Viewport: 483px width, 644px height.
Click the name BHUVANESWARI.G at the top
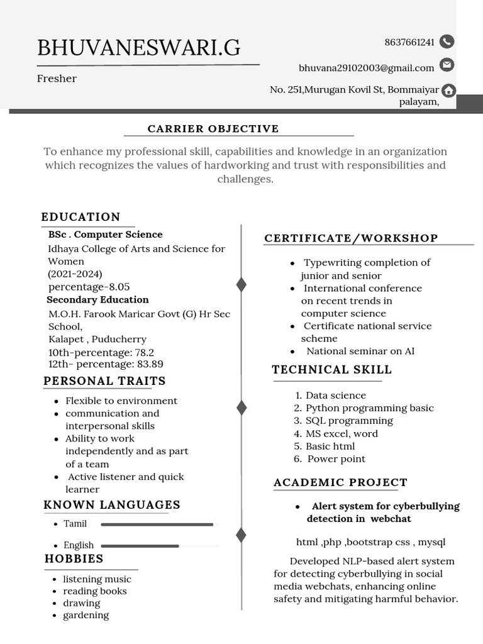pyautogui.click(x=138, y=48)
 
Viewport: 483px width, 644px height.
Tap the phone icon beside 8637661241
pyautogui.click(x=447, y=42)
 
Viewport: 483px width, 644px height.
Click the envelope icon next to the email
pyautogui.click(x=447, y=65)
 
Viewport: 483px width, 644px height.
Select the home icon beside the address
pyautogui.click(x=448, y=91)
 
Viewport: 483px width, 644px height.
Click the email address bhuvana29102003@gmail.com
pyautogui.click(x=366, y=68)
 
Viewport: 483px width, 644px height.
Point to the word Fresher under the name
pyautogui.click(x=57, y=79)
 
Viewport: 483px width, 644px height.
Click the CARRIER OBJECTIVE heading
pyautogui.click(x=213, y=129)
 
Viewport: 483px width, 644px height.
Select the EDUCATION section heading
pyautogui.click(x=80, y=217)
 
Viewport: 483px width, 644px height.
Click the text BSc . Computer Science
pyautogui.click(x=105, y=235)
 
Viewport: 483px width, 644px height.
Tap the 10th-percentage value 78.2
pyautogui.click(x=144, y=352)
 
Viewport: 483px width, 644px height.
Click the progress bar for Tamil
pyautogui.click(x=157, y=524)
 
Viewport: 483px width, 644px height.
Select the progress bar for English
pyautogui.click(x=140, y=546)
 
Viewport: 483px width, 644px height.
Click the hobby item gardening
pyautogui.click(x=86, y=615)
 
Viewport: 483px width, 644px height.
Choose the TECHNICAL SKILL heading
pyautogui.click(x=331, y=370)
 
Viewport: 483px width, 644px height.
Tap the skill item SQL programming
pyautogui.click(x=349, y=421)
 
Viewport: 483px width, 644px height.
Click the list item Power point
pyautogui.click(x=336, y=459)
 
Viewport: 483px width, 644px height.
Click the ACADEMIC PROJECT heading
pyautogui.click(x=340, y=482)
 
